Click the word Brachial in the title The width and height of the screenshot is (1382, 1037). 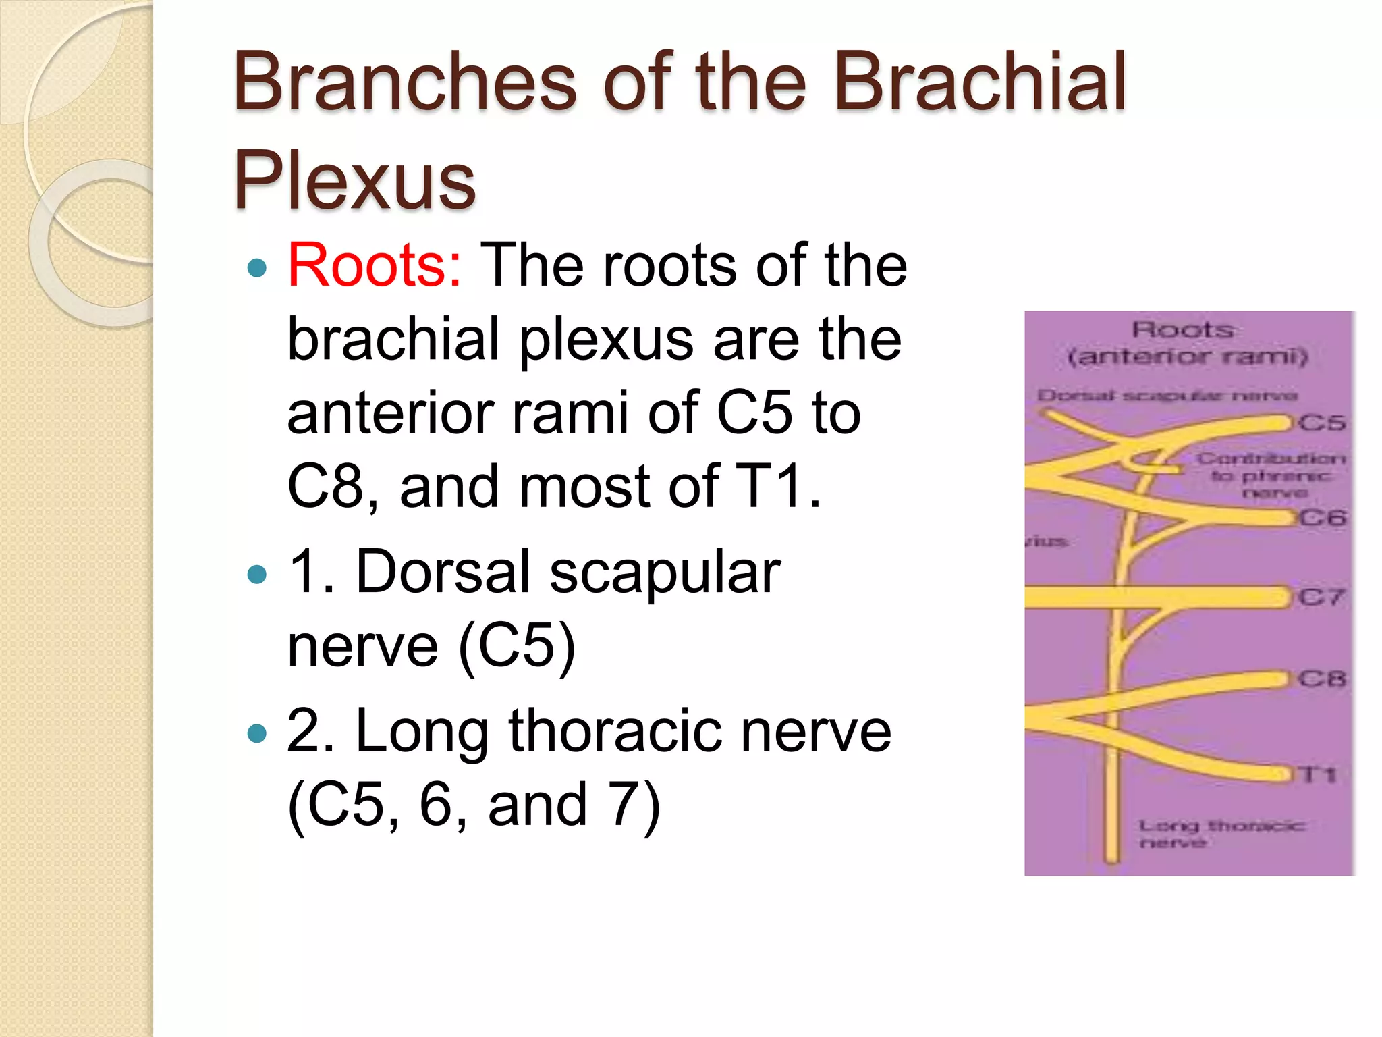pos(980,82)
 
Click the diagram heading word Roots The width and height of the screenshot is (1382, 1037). pos(1183,330)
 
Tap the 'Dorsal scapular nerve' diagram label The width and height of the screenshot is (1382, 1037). pos(1167,396)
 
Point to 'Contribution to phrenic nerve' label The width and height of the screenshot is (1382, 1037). pos(1271,475)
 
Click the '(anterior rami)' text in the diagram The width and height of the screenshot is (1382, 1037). pos(1188,356)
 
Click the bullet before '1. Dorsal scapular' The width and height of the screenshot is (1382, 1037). pos(257,575)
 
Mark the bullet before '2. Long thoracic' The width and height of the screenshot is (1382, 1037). pos(257,733)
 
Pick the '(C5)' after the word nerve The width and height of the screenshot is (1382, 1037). pos(517,646)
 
